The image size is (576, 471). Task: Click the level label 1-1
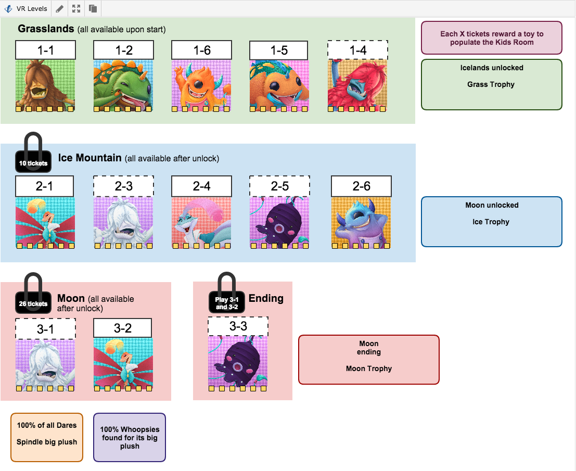point(45,50)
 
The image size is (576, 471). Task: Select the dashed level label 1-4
point(357,50)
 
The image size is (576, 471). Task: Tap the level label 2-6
point(361,186)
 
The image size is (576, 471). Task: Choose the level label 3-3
point(238,326)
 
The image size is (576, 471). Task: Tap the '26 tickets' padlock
point(33,302)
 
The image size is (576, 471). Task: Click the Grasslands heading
point(46,29)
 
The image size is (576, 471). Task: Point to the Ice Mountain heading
point(89,158)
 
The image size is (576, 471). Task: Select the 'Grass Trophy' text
point(491,84)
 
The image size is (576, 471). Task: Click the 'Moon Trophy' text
point(368,368)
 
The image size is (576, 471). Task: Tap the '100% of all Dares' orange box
point(47,437)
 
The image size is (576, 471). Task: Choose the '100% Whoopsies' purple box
point(130,437)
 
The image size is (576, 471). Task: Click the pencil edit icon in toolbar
point(60,8)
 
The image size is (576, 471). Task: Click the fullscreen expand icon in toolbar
point(76,8)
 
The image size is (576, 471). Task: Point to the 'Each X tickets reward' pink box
point(491,38)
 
